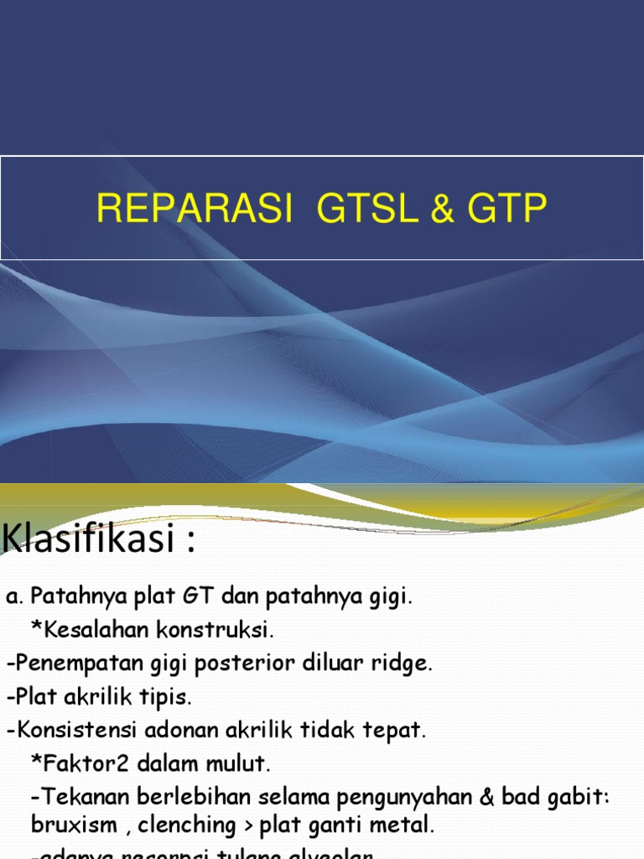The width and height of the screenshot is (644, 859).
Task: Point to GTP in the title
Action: [x=510, y=209]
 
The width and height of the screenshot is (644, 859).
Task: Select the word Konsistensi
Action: [x=70, y=731]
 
